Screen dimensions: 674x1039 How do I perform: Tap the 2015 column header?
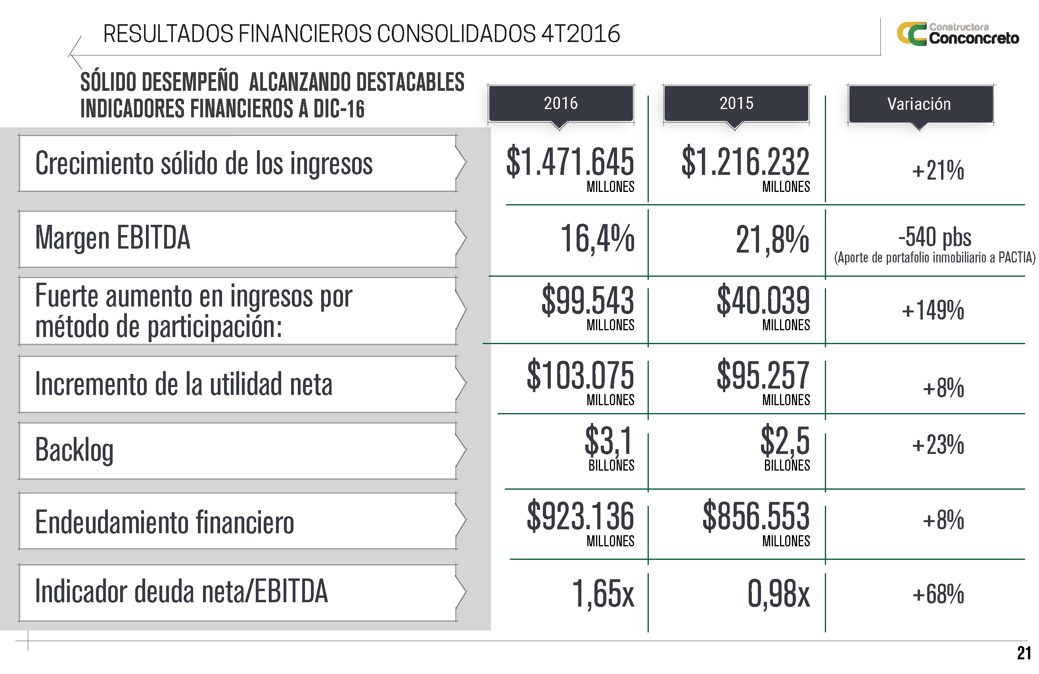click(x=736, y=103)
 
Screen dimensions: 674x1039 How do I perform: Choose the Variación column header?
click(x=919, y=104)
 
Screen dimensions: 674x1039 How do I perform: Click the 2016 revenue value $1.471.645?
click(x=570, y=163)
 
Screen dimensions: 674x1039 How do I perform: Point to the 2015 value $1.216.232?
click(x=745, y=163)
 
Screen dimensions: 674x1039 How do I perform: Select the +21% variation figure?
click(x=938, y=170)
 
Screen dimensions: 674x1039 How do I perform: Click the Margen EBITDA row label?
click(x=113, y=238)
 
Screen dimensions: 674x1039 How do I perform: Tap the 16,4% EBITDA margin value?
click(x=597, y=239)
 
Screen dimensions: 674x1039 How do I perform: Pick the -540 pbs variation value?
click(x=935, y=237)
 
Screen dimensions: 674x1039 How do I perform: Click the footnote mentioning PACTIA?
click(x=934, y=258)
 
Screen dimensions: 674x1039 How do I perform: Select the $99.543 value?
click(x=588, y=301)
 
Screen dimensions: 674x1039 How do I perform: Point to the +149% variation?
click(x=933, y=310)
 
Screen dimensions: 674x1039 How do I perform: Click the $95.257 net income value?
click(x=763, y=375)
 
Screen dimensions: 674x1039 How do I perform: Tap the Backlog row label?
click(x=74, y=450)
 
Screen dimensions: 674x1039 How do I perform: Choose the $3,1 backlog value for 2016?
click(x=609, y=441)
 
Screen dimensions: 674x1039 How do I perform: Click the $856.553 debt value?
click(x=756, y=517)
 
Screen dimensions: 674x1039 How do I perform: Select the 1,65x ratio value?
click(x=602, y=594)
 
